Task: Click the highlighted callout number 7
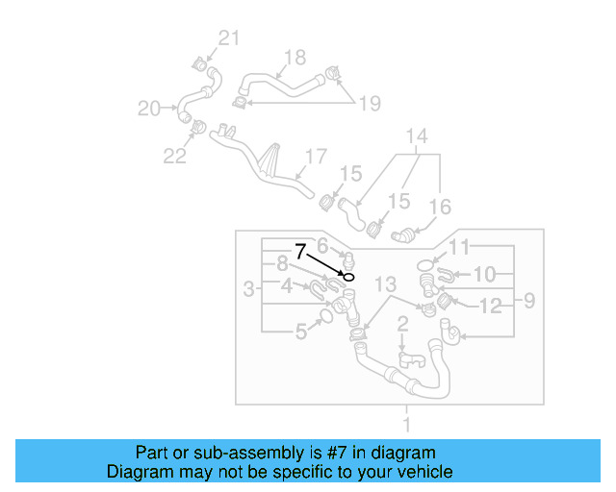301,252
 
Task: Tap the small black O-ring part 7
348,277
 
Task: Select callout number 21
227,38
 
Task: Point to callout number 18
295,58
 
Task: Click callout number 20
148,109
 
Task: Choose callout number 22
174,156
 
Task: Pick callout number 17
317,156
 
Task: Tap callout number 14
416,136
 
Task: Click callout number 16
440,206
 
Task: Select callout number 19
370,104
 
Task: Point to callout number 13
385,284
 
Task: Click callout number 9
528,303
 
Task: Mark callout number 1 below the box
406,424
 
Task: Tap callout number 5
301,332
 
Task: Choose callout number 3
248,288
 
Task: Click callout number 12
491,306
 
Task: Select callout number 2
403,324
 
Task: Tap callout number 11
461,248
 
